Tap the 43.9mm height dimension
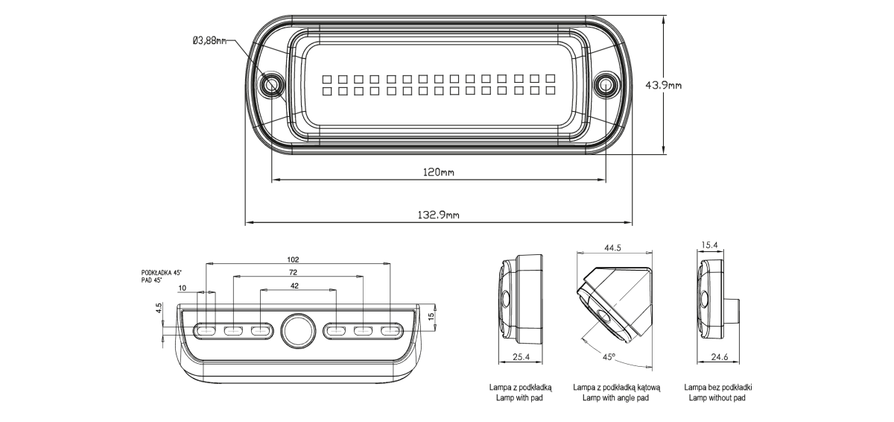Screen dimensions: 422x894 [662, 85]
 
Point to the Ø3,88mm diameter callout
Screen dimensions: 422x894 [209, 41]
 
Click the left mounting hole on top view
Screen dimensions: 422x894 [270, 85]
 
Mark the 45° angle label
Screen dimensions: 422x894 [609, 357]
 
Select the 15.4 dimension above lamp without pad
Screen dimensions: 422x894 [709, 245]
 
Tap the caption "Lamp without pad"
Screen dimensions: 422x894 [717, 398]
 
